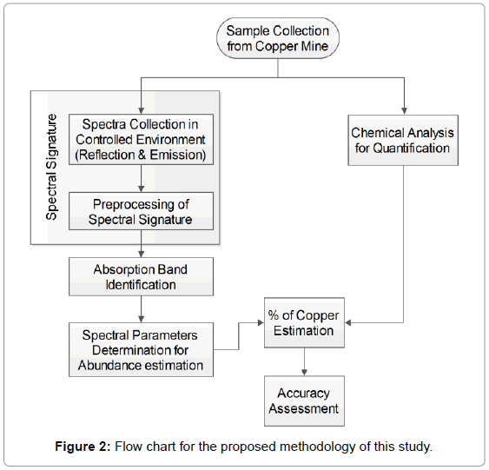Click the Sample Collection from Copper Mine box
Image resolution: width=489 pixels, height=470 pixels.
pos(278,38)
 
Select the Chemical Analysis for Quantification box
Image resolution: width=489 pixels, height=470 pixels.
pos(403,140)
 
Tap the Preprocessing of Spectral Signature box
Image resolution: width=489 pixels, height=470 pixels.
pos(141,211)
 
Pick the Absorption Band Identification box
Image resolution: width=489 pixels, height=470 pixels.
pos(141,276)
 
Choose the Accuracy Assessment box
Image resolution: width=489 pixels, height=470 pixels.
pos(304,400)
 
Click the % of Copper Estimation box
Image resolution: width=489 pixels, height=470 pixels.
pos(304,322)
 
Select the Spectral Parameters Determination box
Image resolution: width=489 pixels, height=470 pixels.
pos(141,349)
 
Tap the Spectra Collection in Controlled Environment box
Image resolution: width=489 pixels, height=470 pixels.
pos(141,139)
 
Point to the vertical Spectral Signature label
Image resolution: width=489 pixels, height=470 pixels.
pos(52,167)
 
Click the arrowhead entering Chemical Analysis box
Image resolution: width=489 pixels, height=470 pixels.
pos(404,111)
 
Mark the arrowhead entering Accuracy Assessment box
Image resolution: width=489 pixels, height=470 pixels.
pos(304,373)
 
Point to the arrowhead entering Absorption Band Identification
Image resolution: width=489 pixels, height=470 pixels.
pos(141,255)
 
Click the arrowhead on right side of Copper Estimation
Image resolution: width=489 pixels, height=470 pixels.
pos(348,322)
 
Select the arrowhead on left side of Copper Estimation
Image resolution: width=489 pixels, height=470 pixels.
pos(261,322)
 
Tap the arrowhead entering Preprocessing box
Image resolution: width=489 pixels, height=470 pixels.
pos(141,189)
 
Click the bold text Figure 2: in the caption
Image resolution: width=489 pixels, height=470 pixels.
pos(83,447)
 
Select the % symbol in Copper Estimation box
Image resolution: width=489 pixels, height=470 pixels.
pos(274,315)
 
